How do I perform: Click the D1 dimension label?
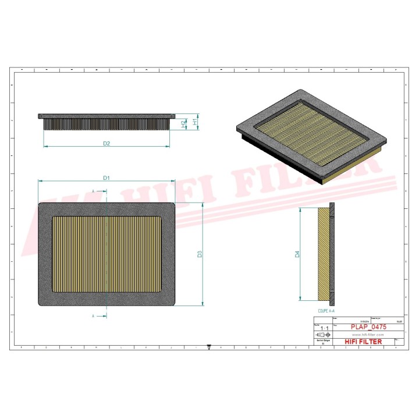(106, 177)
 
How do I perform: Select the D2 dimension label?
(106, 143)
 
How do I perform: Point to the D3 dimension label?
(199, 254)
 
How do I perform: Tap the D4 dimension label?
(297, 254)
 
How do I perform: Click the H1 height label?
(195, 123)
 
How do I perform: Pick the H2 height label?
(183, 125)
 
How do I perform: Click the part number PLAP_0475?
(368, 328)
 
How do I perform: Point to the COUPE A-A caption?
(326, 311)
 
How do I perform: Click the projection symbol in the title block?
(323, 336)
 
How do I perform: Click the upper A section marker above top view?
(93, 191)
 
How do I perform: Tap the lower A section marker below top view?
(93, 316)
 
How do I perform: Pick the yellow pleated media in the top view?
(106, 254)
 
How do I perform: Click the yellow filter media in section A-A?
(324, 254)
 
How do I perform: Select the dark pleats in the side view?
(106, 124)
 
